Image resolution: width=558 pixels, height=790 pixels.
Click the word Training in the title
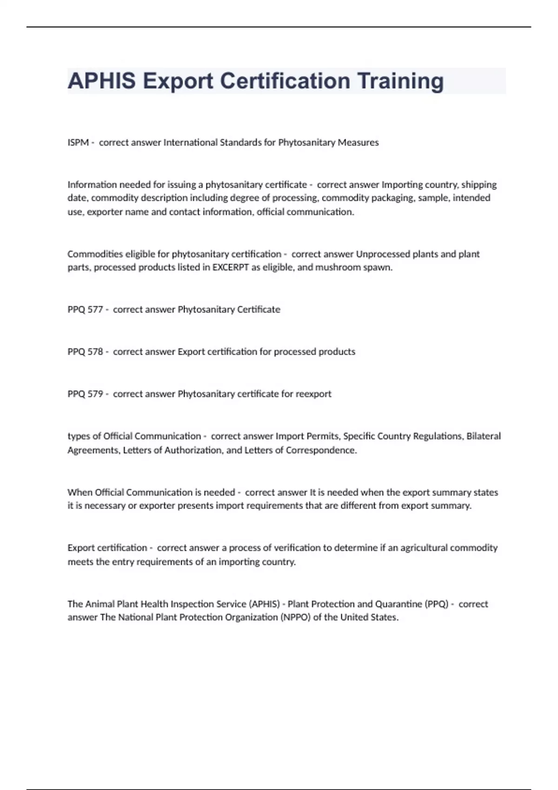pyautogui.click(x=400, y=81)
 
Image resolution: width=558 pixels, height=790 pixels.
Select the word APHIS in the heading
pyautogui.click(x=102, y=81)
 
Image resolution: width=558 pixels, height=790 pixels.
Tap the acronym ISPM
pyautogui.click(x=78, y=143)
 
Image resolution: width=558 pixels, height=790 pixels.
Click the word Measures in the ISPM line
pyautogui.click(x=358, y=143)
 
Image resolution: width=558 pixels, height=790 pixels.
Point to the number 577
pyautogui.click(x=95, y=309)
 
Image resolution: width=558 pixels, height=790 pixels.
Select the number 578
pyautogui.click(x=95, y=352)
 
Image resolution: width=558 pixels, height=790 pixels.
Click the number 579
pyautogui.click(x=95, y=394)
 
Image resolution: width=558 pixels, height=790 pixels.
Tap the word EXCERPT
pyautogui.click(x=231, y=268)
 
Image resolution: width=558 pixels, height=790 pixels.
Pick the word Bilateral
pyautogui.click(x=484, y=436)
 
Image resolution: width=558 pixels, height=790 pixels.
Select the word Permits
pyautogui.click(x=322, y=436)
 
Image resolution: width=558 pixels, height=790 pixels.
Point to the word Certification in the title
pyautogui.click(x=285, y=81)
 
